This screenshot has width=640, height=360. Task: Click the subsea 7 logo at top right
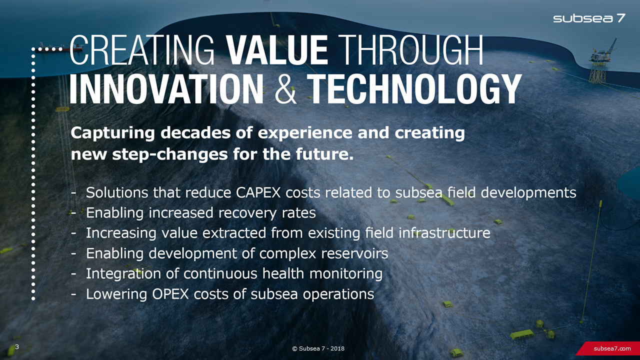tap(589, 18)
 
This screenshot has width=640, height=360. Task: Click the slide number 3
tap(17, 347)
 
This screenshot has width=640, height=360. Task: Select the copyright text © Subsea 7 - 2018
tap(318, 348)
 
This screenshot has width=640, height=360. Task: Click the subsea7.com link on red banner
tap(612, 348)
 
